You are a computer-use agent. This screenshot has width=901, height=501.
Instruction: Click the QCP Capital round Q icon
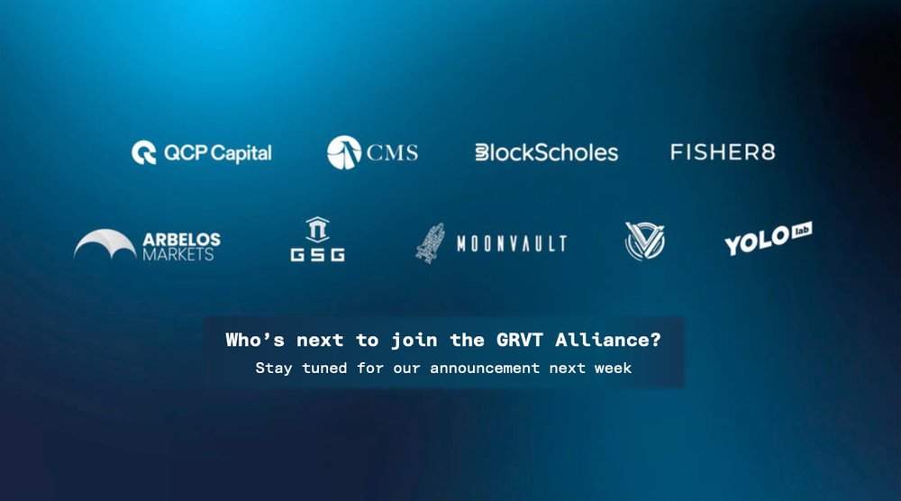144,152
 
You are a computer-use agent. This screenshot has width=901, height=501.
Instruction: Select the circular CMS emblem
343,152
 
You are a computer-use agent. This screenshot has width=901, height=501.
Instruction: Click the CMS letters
392,152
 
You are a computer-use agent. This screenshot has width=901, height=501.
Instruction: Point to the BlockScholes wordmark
546,152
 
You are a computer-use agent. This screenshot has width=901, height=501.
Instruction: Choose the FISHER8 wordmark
723,151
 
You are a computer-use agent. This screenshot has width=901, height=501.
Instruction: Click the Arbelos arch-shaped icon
105,243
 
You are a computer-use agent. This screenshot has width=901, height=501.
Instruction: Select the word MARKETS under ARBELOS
178,255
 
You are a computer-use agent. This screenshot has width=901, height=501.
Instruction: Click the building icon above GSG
317,229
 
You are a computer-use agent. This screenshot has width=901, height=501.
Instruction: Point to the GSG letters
317,255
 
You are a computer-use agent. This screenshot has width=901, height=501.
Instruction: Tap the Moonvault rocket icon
431,242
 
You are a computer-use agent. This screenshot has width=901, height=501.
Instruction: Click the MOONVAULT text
512,243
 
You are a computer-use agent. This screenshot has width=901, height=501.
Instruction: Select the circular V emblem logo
645,241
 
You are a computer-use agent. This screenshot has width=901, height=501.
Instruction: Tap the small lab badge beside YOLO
801,232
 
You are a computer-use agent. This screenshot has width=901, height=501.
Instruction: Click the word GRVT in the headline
514,341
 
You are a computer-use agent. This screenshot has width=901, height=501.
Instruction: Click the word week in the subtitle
613,368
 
